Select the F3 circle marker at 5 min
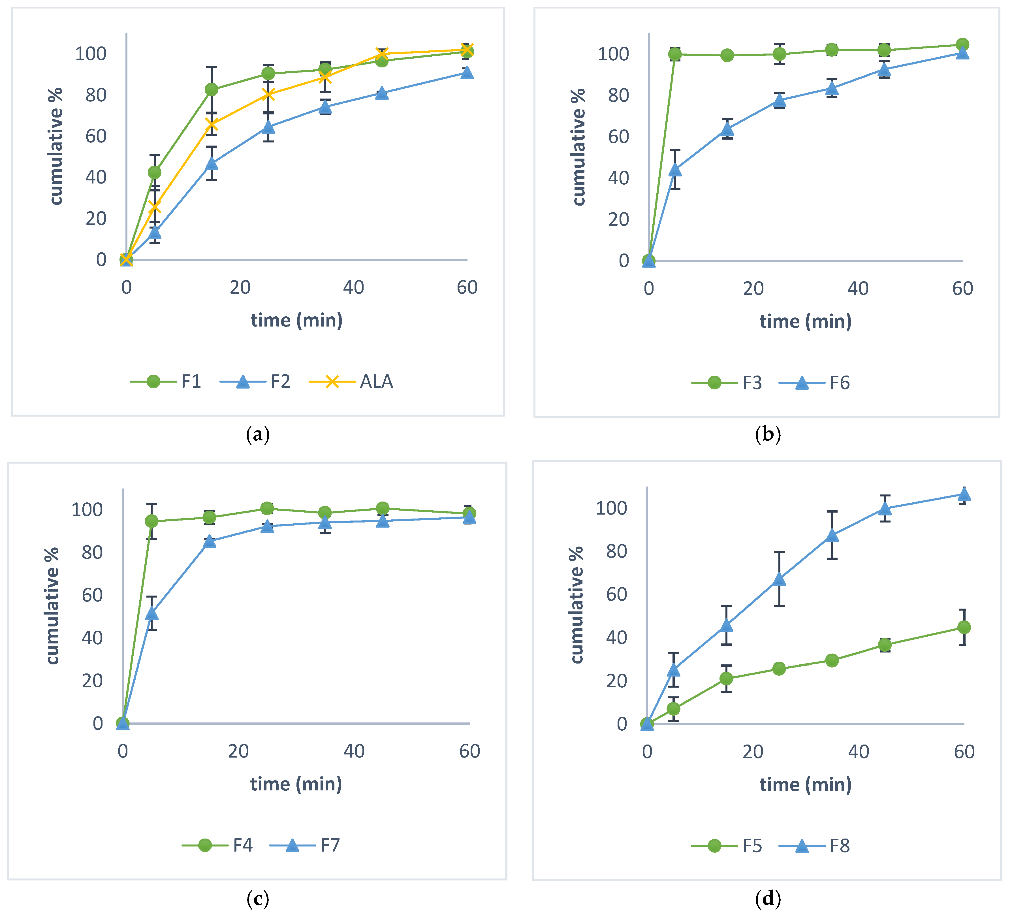(675, 54)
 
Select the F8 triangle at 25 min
(779, 579)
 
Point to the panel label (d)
(768, 898)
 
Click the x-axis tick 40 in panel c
(354, 751)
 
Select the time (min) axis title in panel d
(805, 784)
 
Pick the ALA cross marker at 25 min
(268, 94)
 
